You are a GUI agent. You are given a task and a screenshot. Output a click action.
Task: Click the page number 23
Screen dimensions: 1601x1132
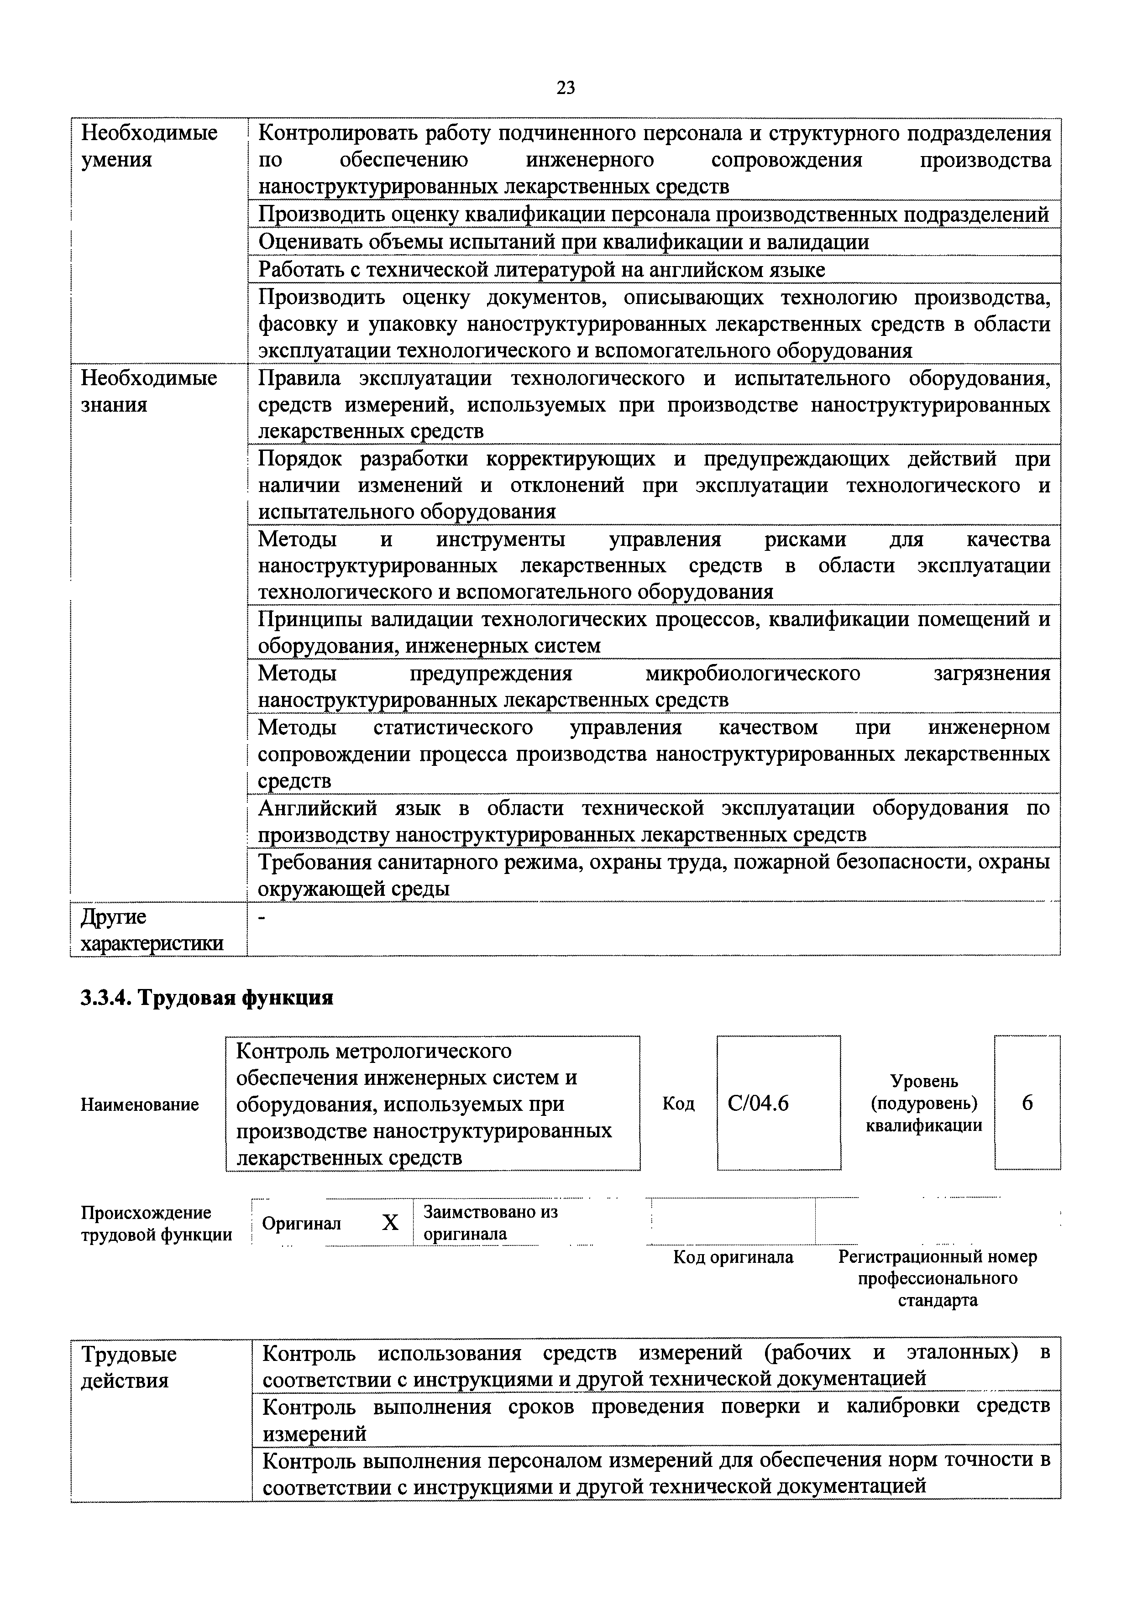click(566, 88)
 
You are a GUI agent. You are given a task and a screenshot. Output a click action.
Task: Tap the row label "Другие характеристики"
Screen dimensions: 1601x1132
click(152, 930)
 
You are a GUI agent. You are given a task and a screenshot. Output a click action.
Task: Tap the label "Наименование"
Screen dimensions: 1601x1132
click(140, 1104)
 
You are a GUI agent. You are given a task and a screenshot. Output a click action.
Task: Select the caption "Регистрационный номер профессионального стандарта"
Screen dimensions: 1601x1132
click(938, 1278)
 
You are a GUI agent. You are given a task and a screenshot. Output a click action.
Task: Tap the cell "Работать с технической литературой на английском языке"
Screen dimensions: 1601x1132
click(541, 269)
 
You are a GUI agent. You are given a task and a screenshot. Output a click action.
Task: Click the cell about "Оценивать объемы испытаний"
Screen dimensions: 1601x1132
click(564, 242)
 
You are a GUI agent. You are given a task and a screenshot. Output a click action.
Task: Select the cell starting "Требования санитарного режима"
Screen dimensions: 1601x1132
click(654, 875)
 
